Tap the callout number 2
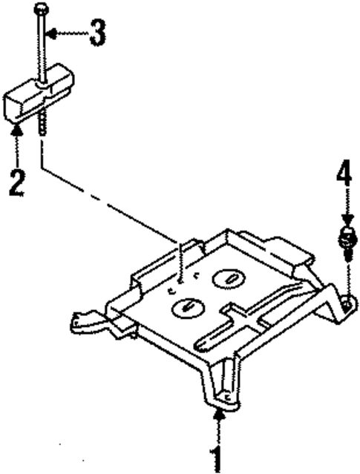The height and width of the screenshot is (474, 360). (17, 182)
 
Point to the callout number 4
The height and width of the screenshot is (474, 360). (343, 175)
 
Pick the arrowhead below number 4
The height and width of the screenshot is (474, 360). (345, 220)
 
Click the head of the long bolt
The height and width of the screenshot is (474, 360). (41, 8)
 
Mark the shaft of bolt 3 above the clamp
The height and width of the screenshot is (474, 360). (42, 45)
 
